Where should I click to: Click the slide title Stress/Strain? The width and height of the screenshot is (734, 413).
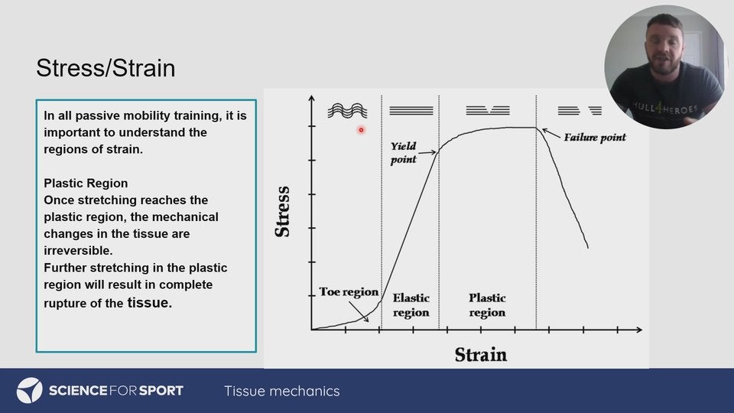106,68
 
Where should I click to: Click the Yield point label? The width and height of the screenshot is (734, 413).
404,153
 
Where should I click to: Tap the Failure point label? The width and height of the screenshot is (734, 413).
595,138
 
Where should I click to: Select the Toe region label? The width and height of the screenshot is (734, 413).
349,291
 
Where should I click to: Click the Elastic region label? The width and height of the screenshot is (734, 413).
411,305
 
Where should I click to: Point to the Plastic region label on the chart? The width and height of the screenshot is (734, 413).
487,305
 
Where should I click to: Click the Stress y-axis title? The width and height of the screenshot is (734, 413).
283,212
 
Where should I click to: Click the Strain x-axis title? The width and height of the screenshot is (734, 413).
481,354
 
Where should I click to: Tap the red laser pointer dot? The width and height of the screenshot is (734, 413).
361,130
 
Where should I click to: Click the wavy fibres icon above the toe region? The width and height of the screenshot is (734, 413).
347,110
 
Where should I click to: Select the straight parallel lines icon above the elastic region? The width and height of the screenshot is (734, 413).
411,110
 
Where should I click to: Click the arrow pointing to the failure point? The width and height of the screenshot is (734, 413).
551,133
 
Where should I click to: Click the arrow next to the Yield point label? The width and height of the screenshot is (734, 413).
427,152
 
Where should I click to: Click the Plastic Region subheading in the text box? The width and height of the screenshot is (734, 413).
86,183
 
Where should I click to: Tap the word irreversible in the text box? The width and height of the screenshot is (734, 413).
78,251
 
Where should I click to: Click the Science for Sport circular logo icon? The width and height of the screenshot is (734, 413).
30,391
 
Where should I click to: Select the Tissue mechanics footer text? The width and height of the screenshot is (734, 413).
282,391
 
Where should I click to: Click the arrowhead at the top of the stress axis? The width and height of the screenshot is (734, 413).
312,98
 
